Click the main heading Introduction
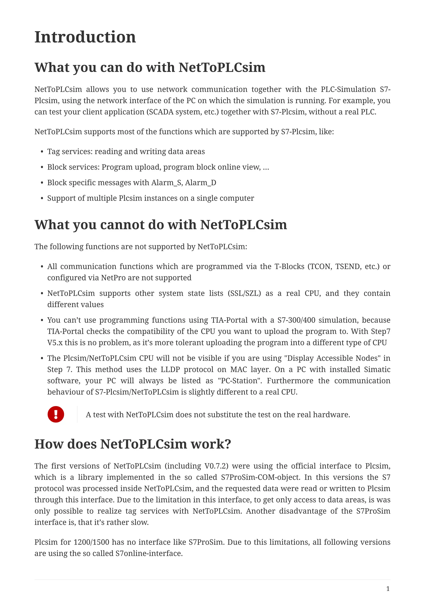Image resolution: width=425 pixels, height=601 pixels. pos(85,37)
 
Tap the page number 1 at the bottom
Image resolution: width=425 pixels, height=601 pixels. pos(388,589)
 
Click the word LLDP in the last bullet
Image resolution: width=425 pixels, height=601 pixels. pos(170,369)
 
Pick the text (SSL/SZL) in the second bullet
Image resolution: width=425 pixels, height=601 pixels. pos(244,293)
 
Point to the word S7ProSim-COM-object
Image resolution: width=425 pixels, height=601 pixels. pos(260,477)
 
